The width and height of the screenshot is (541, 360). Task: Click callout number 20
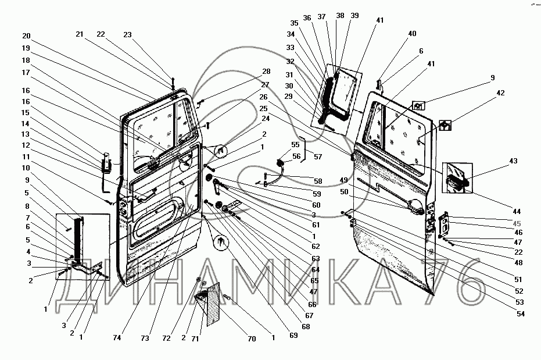point(27,36)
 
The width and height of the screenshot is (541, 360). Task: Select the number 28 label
point(266,72)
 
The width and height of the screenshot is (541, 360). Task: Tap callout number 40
point(412,34)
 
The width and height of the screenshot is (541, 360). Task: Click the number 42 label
point(501,92)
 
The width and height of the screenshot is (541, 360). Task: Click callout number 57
point(318,157)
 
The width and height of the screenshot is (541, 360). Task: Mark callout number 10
point(26,168)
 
